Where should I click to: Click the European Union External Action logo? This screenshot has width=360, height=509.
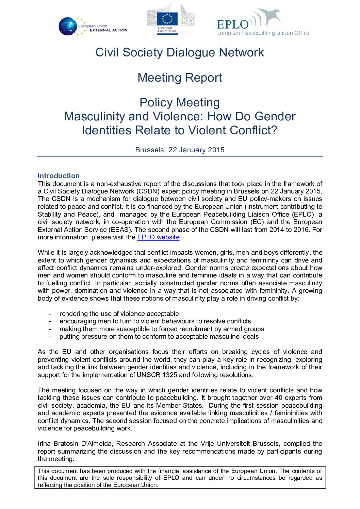pos(93,27)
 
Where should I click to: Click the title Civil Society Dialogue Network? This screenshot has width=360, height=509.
pos(180,52)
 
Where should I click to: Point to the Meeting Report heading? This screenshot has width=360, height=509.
pos(180,78)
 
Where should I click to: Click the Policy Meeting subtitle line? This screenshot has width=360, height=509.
pos(180,102)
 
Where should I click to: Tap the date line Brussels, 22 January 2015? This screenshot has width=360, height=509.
pos(180,150)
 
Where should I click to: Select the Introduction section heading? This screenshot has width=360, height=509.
pos(59,176)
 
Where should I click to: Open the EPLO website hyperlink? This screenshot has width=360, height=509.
pos(158,237)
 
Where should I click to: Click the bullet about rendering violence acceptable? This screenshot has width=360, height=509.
pos(119,313)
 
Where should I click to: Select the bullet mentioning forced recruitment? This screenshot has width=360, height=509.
pos(162,329)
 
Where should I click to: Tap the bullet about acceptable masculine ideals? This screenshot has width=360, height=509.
pos(159,337)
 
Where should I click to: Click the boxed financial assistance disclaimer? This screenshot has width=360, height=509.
pos(180,478)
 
